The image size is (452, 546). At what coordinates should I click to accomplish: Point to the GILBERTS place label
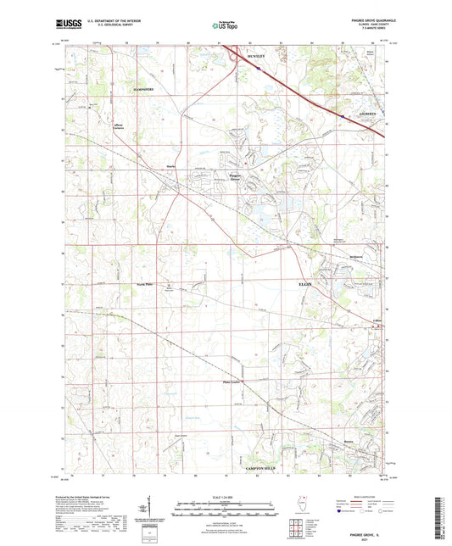click(366, 113)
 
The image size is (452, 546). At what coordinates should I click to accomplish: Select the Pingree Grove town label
click(236, 177)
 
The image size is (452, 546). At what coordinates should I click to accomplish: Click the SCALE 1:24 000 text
click(226, 497)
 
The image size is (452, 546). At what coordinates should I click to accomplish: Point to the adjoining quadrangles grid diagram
click(303, 532)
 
